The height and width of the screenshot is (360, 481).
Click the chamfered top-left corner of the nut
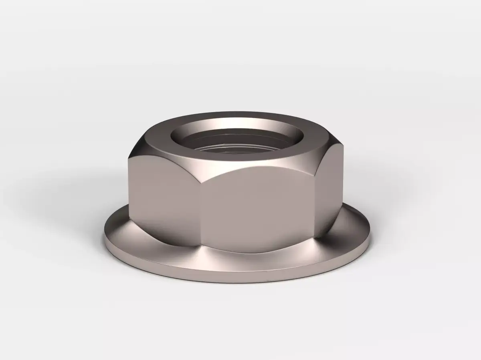(x=138, y=144)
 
